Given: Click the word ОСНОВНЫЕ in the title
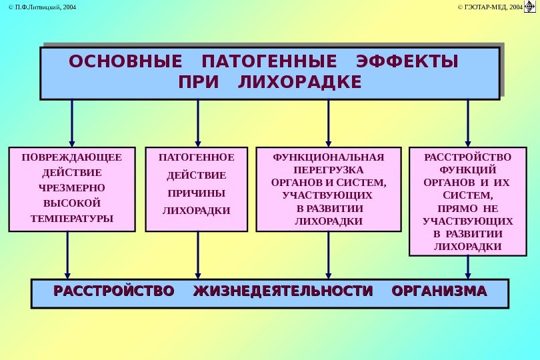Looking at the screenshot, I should pyautogui.click(x=125, y=62).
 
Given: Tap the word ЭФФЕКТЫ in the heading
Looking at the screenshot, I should pyautogui.click(x=408, y=62).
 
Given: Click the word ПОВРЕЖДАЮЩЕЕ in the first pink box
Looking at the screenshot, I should pyautogui.click(x=72, y=158).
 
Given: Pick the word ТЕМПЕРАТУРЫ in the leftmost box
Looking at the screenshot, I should pyautogui.click(x=72, y=218).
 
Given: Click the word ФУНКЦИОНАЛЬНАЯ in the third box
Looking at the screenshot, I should pyautogui.click(x=329, y=157).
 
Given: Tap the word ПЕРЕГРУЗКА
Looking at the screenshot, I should pyautogui.click(x=329, y=170).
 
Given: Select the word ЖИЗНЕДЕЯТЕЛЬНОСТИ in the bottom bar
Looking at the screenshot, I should pyautogui.click(x=282, y=291).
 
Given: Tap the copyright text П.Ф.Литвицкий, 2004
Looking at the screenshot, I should pyautogui.click(x=39, y=7).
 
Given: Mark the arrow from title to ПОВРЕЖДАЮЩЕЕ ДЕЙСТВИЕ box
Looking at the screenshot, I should pyautogui.click(x=72, y=123).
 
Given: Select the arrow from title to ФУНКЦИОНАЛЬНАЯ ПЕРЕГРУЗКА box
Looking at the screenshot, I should pyautogui.click(x=329, y=123).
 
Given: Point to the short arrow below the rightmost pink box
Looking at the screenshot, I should pyautogui.click(x=468, y=267).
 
